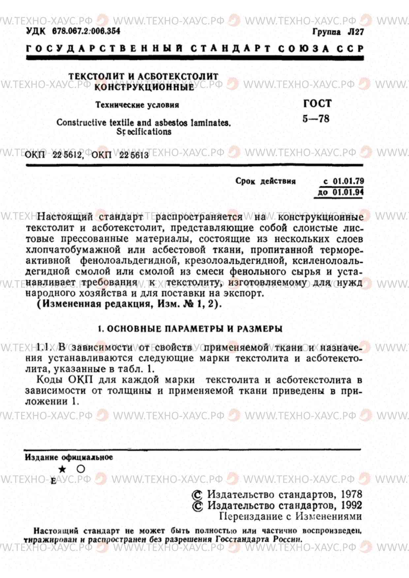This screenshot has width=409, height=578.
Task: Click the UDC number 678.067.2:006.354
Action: pyautogui.click(x=86, y=31)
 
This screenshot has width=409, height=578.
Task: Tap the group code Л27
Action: pyautogui.click(x=356, y=32)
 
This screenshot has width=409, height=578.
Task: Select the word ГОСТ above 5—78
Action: pyautogui.click(x=317, y=103)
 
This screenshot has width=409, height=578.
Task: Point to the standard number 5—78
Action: pyautogui.click(x=316, y=119)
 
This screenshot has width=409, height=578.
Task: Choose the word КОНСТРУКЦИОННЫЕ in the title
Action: pyautogui.click(x=144, y=87)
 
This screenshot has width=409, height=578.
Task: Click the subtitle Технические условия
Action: pyautogui.click(x=137, y=105)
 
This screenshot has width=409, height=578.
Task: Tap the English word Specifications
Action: pyautogui.click(x=144, y=132)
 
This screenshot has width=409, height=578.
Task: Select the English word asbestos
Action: pyautogui.click(x=171, y=123)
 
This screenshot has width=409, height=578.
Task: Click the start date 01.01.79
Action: pyautogui.click(x=348, y=181)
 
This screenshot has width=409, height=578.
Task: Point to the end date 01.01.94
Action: pyautogui.click(x=348, y=192)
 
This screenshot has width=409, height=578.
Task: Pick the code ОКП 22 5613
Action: pyautogui.click(x=120, y=155)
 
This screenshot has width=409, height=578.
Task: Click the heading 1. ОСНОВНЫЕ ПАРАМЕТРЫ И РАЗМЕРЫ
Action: pyautogui.click(x=190, y=329)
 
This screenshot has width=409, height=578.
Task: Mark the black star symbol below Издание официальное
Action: pyautogui.click(x=62, y=469)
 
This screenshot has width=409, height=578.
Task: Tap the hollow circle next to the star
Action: pyautogui.click(x=81, y=469)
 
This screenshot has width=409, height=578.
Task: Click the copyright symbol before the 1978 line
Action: pyautogui.click(x=197, y=495)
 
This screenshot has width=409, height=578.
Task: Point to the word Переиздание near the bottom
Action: pyautogui.click(x=251, y=516)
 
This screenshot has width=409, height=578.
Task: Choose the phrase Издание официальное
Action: pyautogui.click(x=69, y=457)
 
